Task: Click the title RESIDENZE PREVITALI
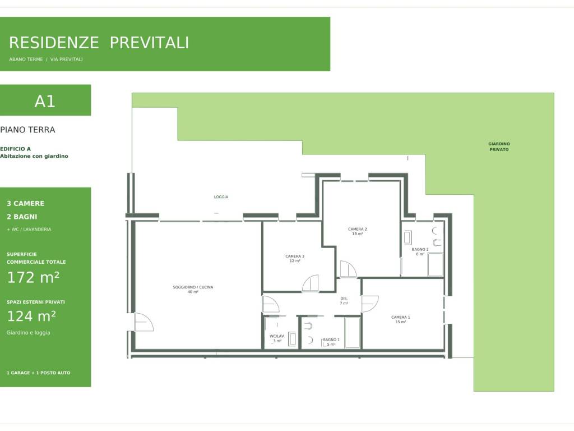(99, 43)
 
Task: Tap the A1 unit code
(45, 101)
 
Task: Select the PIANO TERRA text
(27, 130)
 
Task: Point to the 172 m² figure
(33, 277)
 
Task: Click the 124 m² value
(31, 316)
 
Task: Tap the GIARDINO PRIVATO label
(499, 146)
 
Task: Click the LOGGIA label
(221, 197)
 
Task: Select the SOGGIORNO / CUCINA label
(193, 289)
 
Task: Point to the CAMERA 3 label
(295, 258)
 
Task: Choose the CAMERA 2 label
(357, 231)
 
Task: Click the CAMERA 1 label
(400, 319)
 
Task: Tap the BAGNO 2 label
(420, 251)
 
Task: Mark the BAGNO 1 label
(331, 342)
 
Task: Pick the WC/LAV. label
(277, 338)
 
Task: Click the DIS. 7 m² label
(344, 301)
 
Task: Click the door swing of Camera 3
(311, 283)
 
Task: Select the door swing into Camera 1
(370, 304)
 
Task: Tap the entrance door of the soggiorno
(143, 322)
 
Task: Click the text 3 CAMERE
(25, 203)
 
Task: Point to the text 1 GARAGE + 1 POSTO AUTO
(39, 373)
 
